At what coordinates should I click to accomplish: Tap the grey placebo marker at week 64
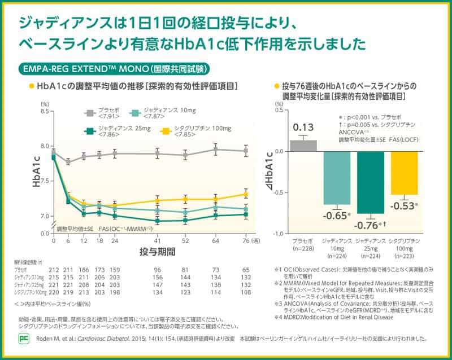[215, 150]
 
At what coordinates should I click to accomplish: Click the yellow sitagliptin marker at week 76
[245, 194]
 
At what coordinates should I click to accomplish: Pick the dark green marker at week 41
[158, 221]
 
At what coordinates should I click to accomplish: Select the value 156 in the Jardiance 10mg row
[158, 278]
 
